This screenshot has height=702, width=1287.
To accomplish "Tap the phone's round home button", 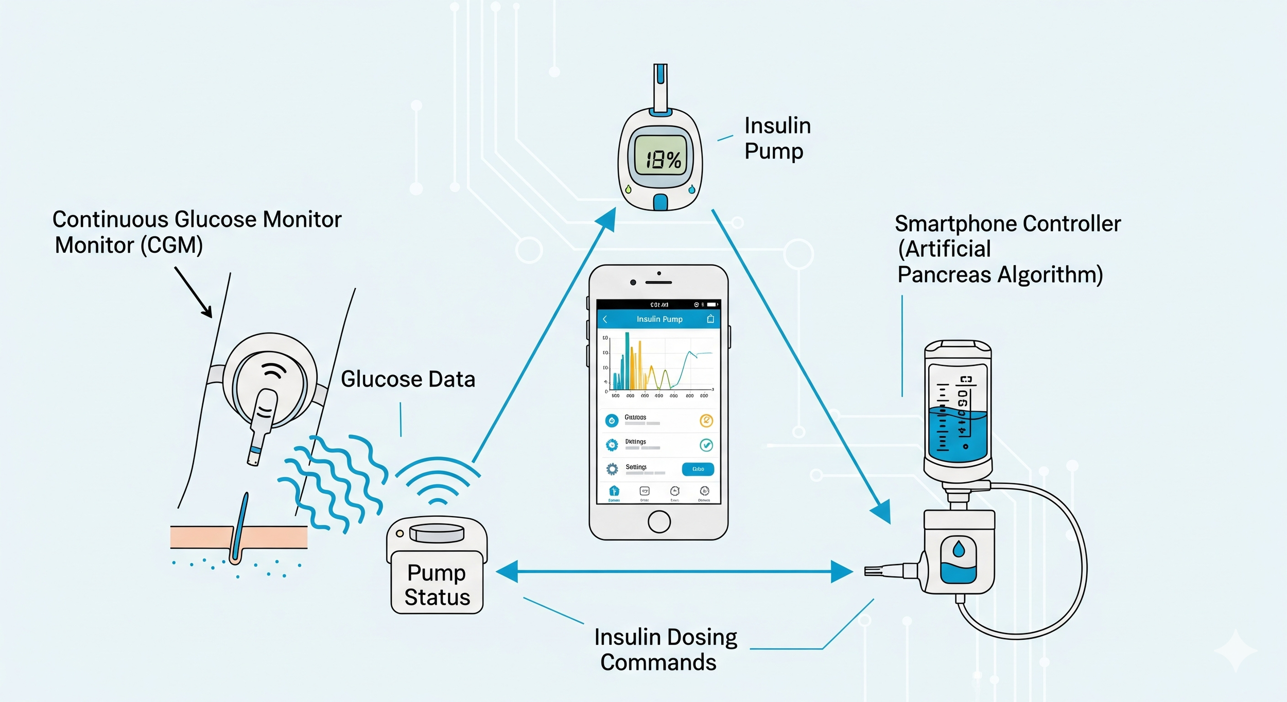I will pos(659,521).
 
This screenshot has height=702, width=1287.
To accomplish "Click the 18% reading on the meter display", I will pos(663,160).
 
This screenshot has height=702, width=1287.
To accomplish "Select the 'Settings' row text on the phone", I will pos(636,467).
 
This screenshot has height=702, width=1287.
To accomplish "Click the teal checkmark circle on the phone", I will pos(706,445).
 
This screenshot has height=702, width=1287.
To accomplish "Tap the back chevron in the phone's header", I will pos(605,319).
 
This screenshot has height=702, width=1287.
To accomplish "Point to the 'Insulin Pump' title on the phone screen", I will pos(659,319).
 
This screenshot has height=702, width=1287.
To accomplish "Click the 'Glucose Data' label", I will pos(408,379).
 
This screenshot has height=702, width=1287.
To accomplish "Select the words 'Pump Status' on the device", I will pos(437,585).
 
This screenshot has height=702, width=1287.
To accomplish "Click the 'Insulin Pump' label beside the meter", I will pos(777,138).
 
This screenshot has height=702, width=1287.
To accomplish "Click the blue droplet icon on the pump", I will pos(959,549).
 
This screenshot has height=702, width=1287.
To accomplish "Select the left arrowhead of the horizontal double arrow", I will pos(507,571).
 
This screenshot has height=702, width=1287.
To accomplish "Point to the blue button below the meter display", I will pos(660,202).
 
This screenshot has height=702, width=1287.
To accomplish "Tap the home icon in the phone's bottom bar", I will pos(614,491).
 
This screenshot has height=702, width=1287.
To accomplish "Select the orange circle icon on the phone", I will pos(706,420).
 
